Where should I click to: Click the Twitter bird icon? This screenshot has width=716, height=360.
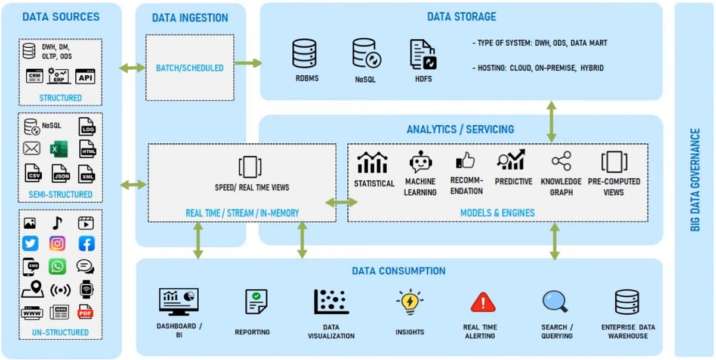[30, 244]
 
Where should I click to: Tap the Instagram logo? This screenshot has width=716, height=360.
[57, 244]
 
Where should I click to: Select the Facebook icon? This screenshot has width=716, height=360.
[87, 244]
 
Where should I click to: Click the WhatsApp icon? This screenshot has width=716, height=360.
[57, 266]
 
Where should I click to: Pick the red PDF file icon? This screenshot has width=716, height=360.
[87, 311]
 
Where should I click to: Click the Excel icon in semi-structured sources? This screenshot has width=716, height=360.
[57, 149]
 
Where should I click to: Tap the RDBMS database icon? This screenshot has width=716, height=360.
[304, 54]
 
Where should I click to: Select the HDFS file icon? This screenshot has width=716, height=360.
[423, 54]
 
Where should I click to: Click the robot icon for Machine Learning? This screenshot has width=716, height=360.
[420, 162]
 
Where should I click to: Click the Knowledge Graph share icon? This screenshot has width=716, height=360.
[561, 161]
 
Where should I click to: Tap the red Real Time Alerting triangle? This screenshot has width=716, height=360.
[483, 303]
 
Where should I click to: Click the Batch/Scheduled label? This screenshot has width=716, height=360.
[190, 68]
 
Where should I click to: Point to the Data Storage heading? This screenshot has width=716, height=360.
[461, 17]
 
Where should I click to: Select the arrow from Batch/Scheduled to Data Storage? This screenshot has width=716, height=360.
[248, 63]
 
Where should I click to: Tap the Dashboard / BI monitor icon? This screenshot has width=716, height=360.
[178, 302]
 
